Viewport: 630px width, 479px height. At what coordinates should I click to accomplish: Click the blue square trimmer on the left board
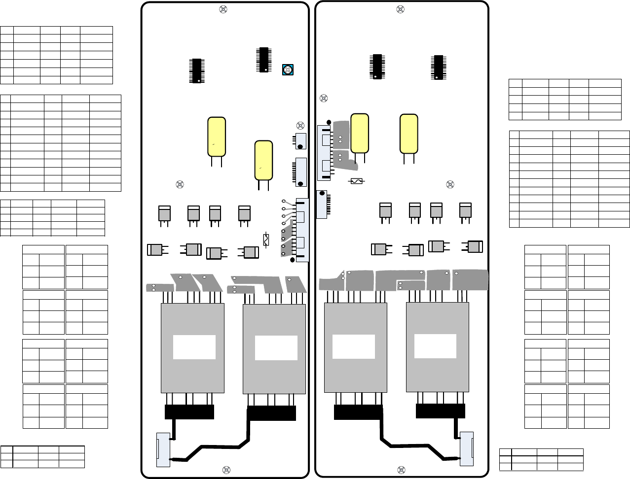288,69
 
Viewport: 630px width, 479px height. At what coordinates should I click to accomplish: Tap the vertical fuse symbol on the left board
266,239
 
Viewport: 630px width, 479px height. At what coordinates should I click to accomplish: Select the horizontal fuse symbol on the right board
357,182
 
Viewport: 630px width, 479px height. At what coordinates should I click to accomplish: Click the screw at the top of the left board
223,9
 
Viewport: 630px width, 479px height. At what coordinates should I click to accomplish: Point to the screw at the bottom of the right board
401,469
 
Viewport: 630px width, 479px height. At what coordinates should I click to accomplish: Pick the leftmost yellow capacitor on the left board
217,136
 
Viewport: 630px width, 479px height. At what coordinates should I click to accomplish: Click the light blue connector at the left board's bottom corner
163,449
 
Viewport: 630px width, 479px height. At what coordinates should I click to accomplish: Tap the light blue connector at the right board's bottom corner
466,449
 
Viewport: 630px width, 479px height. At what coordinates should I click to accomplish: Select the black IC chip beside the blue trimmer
263,60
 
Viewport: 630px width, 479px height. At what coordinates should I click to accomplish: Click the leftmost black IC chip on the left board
197,70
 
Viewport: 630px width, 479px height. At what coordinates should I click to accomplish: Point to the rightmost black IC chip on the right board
437,67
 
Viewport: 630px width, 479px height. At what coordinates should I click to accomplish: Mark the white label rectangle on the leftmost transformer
194,347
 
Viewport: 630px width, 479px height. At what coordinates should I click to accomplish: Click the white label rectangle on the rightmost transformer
435,346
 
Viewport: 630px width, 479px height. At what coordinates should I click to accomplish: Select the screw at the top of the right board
401,9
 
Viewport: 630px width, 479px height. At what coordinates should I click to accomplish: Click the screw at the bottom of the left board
226,469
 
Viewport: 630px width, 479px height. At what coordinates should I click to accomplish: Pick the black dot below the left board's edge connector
293,260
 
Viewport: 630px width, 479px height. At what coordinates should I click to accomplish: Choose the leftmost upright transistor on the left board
164,213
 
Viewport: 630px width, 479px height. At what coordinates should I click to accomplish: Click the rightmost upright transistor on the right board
465,210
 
